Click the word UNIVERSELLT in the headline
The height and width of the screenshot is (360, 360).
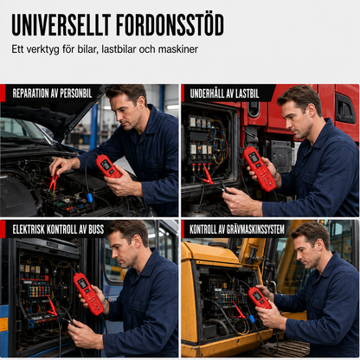[x=61, y=24]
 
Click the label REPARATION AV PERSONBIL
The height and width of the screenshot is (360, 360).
[x=52, y=93]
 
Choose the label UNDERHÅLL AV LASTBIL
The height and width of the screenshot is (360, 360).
[x=224, y=93]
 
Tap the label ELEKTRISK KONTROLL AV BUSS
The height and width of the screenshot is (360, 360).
[x=58, y=229]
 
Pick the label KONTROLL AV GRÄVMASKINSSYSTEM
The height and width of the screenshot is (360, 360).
[x=237, y=229]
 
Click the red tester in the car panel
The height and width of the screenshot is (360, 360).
[x=108, y=166]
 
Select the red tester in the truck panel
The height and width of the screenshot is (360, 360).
[x=260, y=169]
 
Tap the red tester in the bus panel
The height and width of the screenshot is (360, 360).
[x=88, y=293]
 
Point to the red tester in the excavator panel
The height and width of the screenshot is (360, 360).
[x=260, y=298]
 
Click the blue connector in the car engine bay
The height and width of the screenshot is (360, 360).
[x=90, y=198]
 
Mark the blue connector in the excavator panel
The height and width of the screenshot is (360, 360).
[x=252, y=318]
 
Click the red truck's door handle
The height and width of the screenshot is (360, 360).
[x=345, y=109]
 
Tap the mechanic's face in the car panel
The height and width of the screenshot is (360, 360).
[x=123, y=112]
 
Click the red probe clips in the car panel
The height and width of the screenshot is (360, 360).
[x=54, y=181]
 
